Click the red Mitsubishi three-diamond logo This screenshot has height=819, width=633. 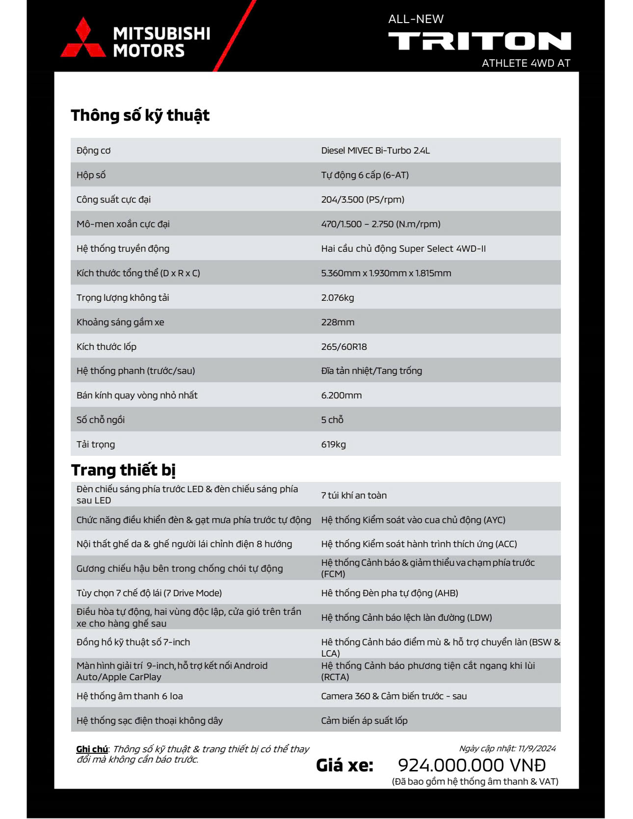click(x=83, y=39)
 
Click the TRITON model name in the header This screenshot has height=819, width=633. click(x=479, y=41)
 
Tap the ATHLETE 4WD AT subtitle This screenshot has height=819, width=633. click(x=526, y=63)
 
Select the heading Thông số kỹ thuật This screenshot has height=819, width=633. click(x=140, y=115)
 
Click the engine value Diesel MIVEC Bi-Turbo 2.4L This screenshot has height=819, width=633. click(x=375, y=151)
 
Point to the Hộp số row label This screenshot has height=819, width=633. click(x=91, y=175)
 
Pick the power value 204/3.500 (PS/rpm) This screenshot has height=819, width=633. click(x=363, y=200)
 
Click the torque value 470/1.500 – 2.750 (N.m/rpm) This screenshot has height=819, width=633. click(x=381, y=224)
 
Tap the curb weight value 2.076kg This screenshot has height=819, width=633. click(x=338, y=298)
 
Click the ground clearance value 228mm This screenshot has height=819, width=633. click(x=338, y=322)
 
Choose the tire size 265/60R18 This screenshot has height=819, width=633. click(x=344, y=347)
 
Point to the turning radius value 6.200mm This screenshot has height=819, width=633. click(x=342, y=396)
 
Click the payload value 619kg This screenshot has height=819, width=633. click(x=334, y=445)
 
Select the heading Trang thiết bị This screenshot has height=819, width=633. click(x=123, y=470)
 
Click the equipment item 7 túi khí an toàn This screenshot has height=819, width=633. click(x=354, y=496)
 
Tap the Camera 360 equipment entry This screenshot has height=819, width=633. click(x=394, y=696)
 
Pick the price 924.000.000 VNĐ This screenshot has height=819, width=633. click(x=472, y=765)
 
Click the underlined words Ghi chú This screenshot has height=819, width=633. click(x=92, y=749)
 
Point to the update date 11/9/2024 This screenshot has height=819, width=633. click(x=537, y=749)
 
